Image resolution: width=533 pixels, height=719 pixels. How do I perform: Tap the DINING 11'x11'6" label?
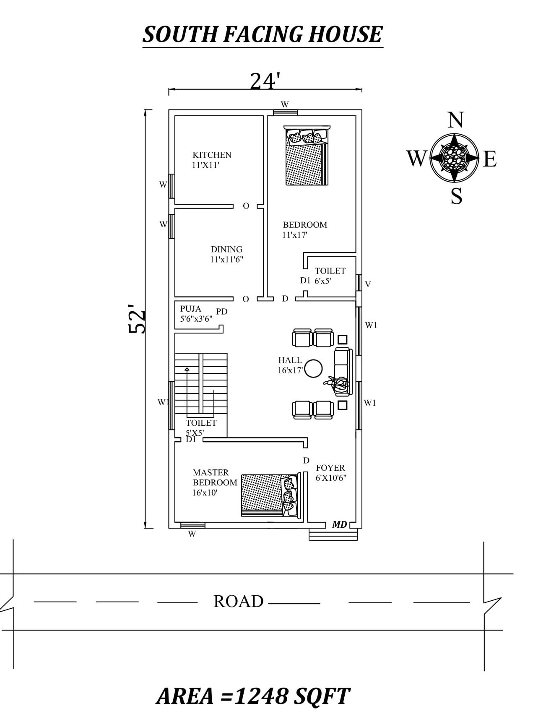click(x=226, y=254)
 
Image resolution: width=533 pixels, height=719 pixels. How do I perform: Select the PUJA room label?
click(x=191, y=309)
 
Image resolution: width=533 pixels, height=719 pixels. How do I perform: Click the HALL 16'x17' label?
click(x=290, y=365)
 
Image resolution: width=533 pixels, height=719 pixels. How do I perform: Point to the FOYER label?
click(x=330, y=468)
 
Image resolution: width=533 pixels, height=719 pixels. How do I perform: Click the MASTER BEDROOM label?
click(x=214, y=477)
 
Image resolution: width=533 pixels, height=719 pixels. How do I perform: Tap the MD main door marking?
click(x=339, y=524)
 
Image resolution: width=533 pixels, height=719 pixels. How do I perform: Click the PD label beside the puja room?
click(x=222, y=312)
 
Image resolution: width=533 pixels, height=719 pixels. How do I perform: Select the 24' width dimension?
click(x=265, y=81)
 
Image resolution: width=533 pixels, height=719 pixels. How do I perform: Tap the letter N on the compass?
click(x=455, y=120)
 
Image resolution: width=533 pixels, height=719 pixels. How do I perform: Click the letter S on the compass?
click(x=456, y=196)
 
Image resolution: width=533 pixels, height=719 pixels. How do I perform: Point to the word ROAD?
click(x=238, y=601)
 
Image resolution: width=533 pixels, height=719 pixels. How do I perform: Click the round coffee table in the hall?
click(x=313, y=369)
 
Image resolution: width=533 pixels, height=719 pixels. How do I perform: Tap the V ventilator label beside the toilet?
click(x=368, y=284)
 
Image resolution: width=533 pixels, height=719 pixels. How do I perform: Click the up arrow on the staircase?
click(x=187, y=369)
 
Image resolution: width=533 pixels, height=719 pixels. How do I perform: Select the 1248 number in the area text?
click(x=261, y=696)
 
